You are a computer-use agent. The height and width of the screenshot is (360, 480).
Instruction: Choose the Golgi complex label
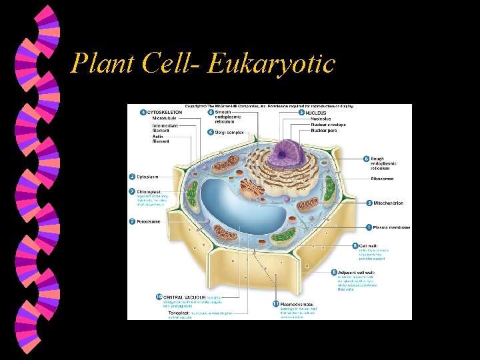(229, 132)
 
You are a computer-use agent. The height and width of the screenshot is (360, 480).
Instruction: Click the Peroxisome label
(149, 221)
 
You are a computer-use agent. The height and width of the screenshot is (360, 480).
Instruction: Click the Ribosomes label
(385, 179)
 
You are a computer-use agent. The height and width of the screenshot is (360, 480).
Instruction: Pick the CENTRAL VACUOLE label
(185, 296)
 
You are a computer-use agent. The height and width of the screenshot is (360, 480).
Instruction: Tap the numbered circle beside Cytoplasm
(132, 177)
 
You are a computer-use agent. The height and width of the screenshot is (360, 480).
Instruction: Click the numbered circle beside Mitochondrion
(369, 203)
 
